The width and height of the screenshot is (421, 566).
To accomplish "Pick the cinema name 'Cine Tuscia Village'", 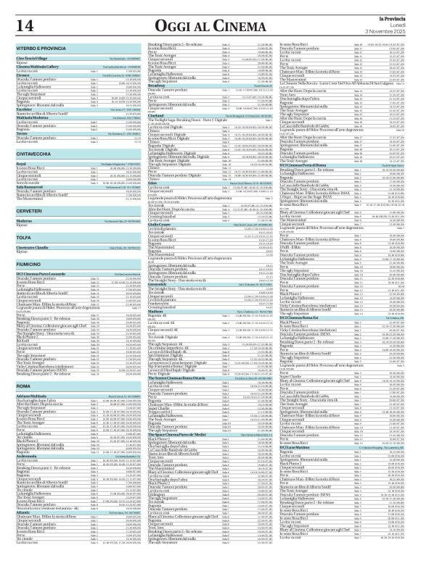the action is [33, 57].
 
